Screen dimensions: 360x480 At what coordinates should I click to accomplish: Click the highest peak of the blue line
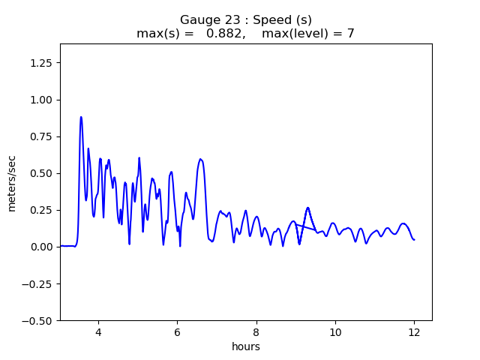coord(81,117)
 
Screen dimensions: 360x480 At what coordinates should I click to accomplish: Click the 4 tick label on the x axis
coord(98,332)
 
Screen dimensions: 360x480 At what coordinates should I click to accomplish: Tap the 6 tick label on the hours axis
coord(177,332)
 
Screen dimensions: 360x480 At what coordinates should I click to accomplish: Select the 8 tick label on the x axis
coord(256,332)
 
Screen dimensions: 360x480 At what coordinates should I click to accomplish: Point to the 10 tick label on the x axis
coord(335,332)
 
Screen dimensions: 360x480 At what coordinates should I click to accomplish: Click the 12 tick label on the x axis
coord(414,332)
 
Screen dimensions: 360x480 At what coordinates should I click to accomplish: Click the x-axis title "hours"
coord(246,346)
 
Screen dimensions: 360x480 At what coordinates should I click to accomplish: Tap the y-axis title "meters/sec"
coord(12,183)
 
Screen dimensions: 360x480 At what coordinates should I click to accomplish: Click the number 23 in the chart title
coord(225,20)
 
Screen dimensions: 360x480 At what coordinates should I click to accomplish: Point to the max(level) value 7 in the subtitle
coord(350,34)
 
